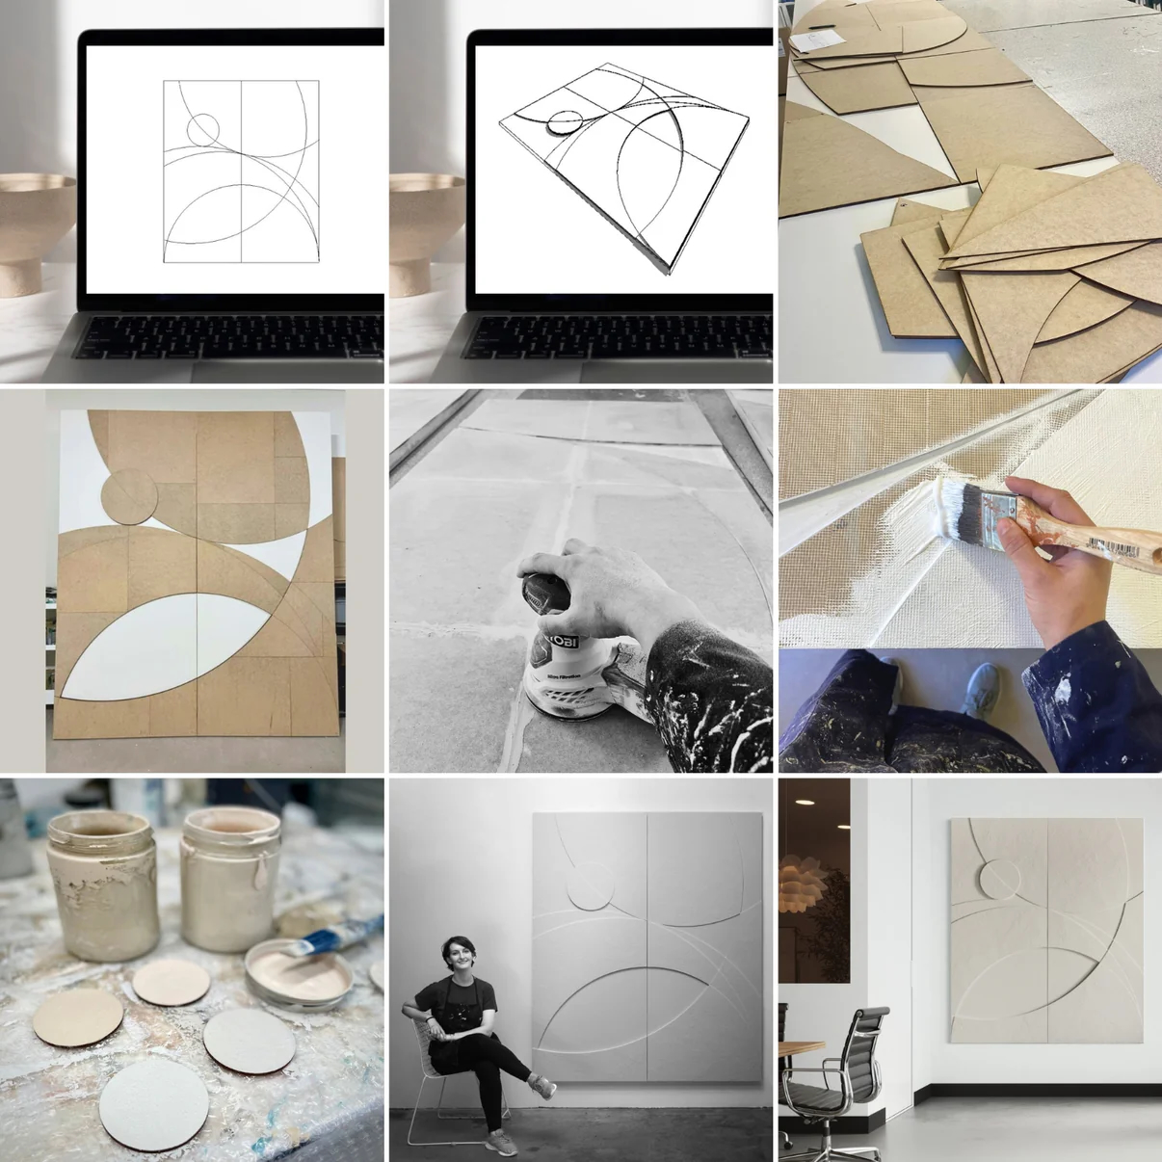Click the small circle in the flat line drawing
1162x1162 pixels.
tap(203, 128)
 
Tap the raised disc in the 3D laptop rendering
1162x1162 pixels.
tap(564, 120)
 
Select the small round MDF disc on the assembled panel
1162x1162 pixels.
tap(130, 494)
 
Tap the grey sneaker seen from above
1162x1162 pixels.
tap(980, 692)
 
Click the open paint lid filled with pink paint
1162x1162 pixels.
tap(299, 975)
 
